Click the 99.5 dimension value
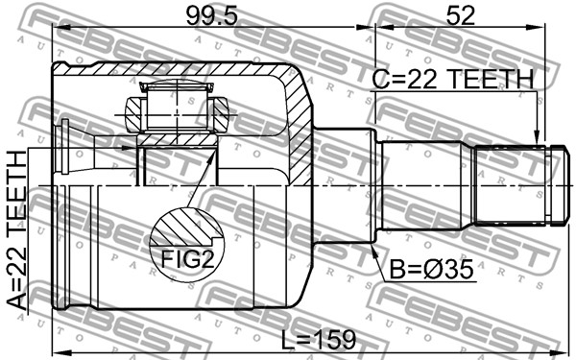click(x=212, y=16)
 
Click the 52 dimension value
click(x=460, y=16)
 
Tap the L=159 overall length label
click(x=319, y=340)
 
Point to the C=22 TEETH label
click(x=452, y=79)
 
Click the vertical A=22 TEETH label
click(x=17, y=230)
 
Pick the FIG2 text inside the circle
click(x=188, y=260)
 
